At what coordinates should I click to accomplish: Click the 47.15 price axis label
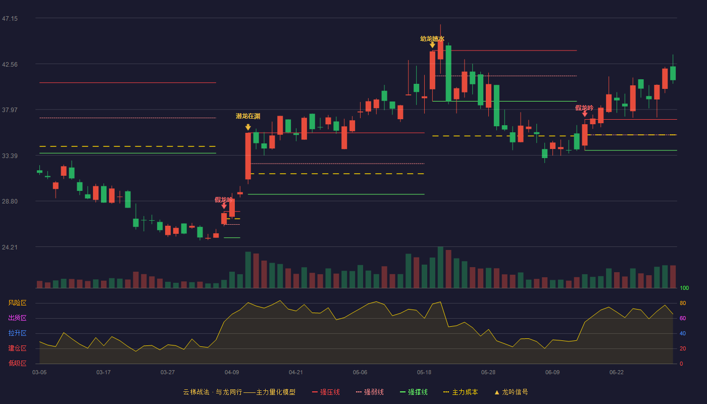tap(10, 19)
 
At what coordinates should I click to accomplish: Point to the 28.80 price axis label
tap(10, 201)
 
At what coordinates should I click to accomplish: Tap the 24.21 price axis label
tap(10, 247)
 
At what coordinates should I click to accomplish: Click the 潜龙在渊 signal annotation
tap(248, 116)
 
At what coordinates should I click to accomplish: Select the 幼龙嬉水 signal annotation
tap(432, 39)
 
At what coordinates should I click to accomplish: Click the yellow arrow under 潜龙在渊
tap(248, 127)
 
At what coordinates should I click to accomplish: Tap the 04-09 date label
tap(232, 373)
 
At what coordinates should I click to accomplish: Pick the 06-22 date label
tap(617, 373)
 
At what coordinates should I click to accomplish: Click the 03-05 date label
tap(39, 373)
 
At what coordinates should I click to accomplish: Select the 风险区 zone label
tap(17, 303)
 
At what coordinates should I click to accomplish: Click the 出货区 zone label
tap(17, 318)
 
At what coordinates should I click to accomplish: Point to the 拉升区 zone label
tap(17, 333)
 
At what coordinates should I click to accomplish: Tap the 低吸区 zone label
tap(17, 363)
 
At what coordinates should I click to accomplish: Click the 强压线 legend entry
tap(326, 392)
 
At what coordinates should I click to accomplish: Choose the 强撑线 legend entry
tap(414, 392)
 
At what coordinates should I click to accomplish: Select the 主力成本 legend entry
tap(461, 392)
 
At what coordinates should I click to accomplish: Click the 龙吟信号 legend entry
tap(511, 392)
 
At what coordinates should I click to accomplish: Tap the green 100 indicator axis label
tap(684, 288)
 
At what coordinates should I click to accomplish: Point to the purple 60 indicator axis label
tap(683, 318)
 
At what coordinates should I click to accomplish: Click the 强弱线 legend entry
tap(370, 392)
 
